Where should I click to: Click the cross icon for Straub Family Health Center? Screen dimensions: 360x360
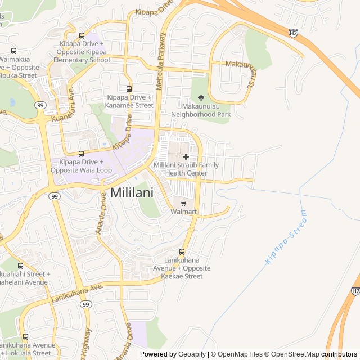(186, 156)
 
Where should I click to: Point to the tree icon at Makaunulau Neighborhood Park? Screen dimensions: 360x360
(201, 98)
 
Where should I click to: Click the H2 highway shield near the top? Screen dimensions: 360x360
(293, 33)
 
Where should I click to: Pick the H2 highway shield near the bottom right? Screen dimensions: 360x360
(355, 291)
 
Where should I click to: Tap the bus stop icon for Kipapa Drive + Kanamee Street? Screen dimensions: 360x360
(129, 89)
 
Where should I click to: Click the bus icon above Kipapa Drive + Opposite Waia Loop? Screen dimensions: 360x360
(81, 153)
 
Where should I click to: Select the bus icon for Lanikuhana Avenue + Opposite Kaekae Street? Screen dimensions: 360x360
(182, 251)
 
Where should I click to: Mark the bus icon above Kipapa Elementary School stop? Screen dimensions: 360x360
(82, 35)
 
